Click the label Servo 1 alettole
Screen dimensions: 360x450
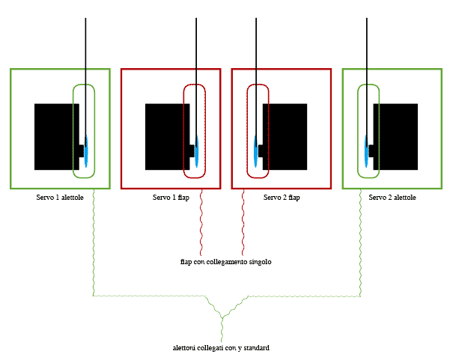(x=60, y=198)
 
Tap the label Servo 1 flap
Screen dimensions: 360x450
(x=171, y=198)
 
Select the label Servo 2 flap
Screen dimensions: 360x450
(x=282, y=198)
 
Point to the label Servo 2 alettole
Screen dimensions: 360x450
(x=392, y=198)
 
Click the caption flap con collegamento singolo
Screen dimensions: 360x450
(x=225, y=262)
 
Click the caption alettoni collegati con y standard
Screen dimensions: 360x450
(x=221, y=348)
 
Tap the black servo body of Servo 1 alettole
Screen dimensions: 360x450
(x=54, y=136)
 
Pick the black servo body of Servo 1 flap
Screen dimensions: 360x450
(x=165, y=136)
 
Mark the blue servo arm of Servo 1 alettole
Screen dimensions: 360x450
(x=87, y=150)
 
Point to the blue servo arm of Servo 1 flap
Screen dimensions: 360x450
(x=197, y=150)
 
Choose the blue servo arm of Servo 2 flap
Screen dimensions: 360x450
(x=257, y=150)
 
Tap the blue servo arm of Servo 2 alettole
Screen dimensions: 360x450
(x=367, y=150)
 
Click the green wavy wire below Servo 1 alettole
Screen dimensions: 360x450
(x=93, y=240)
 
